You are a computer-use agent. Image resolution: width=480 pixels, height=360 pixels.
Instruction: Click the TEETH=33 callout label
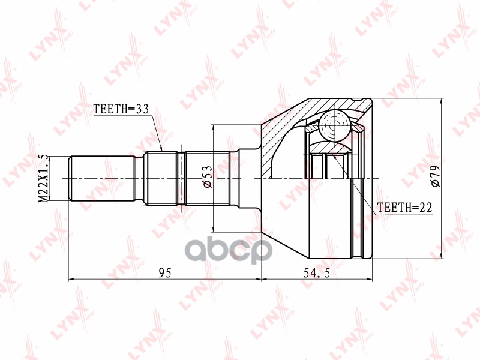(x=121, y=109)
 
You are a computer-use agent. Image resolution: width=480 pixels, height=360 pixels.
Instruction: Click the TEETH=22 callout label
(x=404, y=208)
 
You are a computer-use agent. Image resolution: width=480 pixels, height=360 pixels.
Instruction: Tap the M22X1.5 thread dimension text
(x=44, y=178)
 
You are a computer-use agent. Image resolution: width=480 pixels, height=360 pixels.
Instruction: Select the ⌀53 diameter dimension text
(x=207, y=176)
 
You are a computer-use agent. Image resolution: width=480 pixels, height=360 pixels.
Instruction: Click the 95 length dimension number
(x=165, y=272)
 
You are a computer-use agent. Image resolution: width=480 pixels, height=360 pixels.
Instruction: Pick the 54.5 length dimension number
(x=317, y=272)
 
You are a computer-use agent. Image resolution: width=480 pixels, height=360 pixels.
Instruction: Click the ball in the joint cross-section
(x=334, y=125)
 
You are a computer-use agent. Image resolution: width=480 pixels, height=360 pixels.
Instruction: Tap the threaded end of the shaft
(x=102, y=178)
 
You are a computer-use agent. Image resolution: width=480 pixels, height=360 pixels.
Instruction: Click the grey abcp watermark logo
(x=230, y=251)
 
